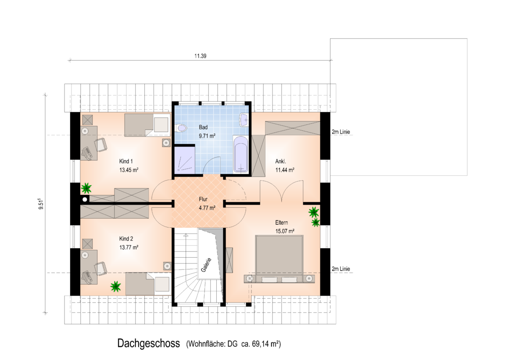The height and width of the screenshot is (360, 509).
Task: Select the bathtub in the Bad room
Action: (x=241, y=155)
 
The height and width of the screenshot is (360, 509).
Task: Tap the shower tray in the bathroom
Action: (x=185, y=160)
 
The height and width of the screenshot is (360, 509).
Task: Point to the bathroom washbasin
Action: (x=244, y=120)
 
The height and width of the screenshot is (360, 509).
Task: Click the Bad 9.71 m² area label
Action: (x=207, y=132)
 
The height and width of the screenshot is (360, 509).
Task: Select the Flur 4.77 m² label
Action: (x=207, y=203)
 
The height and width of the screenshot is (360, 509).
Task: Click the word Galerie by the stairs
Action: (x=206, y=265)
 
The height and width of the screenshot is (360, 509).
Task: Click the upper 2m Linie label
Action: (x=341, y=132)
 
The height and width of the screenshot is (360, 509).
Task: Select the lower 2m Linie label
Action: (x=341, y=269)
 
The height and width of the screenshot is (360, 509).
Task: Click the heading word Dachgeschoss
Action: (x=149, y=343)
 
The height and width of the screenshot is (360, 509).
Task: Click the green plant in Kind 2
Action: (x=115, y=286)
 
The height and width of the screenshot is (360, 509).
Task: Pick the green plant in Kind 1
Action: (x=86, y=188)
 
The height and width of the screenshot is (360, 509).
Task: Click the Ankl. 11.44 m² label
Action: (x=285, y=166)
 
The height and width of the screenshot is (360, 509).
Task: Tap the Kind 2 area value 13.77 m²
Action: (x=129, y=247)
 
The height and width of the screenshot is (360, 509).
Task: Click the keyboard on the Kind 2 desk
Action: (x=87, y=277)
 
